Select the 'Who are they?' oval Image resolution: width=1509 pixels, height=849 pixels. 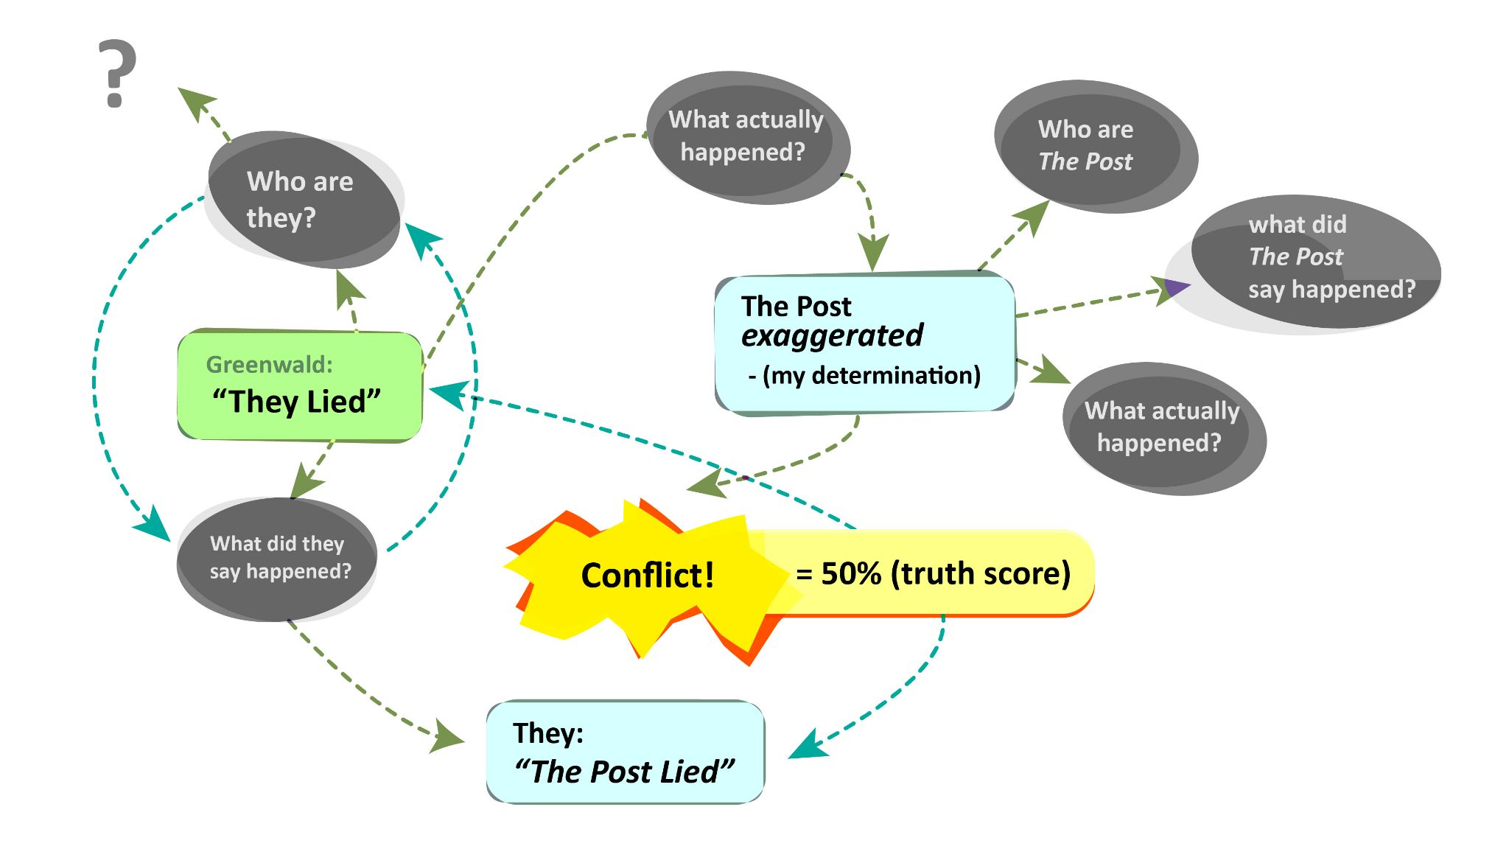tap(302, 199)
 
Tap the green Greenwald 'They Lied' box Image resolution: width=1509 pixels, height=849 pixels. tap(299, 385)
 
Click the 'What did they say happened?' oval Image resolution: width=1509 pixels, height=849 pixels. tap(278, 559)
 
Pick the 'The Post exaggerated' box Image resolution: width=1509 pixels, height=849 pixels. tap(864, 343)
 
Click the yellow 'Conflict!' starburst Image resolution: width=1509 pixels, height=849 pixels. tap(646, 576)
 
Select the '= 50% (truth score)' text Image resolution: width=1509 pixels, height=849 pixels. tap(934, 573)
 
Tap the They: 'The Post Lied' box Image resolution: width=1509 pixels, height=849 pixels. tap(625, 752)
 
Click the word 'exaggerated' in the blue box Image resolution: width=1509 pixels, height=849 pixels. tap(832, 336)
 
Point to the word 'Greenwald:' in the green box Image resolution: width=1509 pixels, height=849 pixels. tap(269, 364)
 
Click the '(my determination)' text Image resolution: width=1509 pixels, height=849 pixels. tap(871, 376)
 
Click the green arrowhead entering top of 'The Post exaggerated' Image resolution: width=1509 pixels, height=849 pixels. tap(873, 254)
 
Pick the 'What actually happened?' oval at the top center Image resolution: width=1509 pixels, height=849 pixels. tap(747, 136)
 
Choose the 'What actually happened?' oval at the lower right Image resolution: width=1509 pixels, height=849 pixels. tap(1163, 427)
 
